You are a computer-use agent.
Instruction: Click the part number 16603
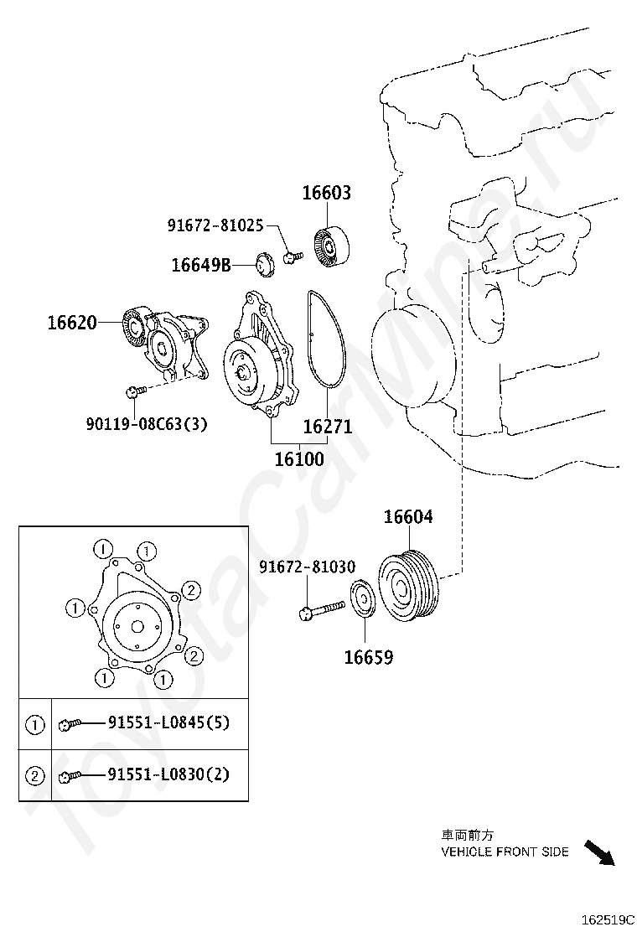(326, 193)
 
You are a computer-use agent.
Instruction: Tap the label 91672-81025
(215, 225)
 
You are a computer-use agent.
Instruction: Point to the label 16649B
(200, 265)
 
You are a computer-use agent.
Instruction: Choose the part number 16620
(72, 322)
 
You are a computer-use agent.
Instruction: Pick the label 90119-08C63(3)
(146, 424)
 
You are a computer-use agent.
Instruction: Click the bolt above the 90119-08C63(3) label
(135, 391)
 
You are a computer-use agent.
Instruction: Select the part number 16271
(327, 427)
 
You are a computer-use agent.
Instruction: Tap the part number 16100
(298, 459)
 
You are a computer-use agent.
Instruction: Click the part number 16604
(408, 517)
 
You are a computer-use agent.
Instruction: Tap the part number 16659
(368, 658)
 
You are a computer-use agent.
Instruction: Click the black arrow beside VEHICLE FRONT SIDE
(598, 852)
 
